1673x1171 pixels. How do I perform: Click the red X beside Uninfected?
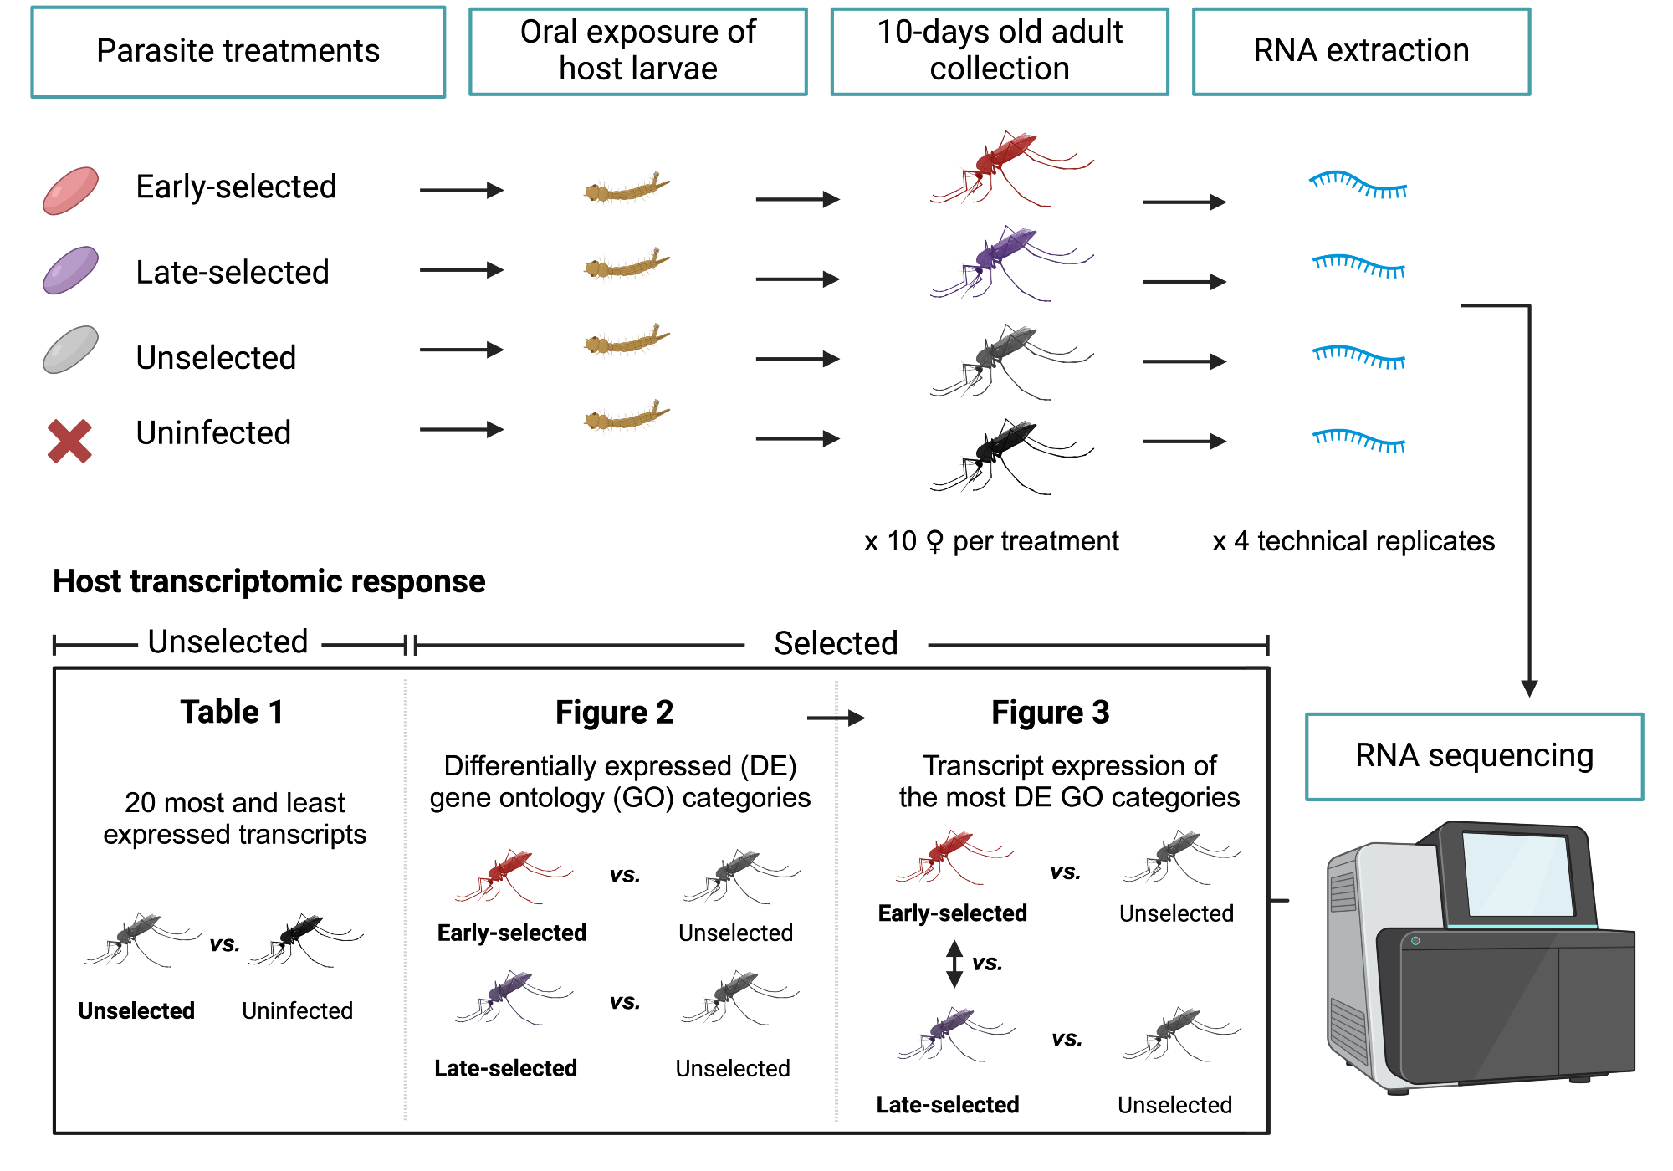coord(69,441)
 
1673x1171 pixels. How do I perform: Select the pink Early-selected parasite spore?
coord(71,191)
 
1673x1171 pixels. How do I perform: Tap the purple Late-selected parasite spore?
coord(71,270)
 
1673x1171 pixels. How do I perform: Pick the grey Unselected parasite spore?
coord(71,350)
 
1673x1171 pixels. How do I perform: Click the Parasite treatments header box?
coord(238,52)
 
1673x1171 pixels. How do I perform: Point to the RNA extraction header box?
coord(1361,52)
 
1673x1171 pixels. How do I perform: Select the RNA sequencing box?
coord(1474,756)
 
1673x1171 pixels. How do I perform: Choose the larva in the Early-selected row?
coord(627,189)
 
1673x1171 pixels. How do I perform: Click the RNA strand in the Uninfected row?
coord(1359,440)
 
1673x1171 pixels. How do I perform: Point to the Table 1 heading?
coord(232,712)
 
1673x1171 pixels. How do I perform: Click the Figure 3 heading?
coord(1050,712)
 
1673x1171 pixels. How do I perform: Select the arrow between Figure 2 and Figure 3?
coord(836,718)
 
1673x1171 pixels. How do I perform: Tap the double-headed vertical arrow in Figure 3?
coord(954,964)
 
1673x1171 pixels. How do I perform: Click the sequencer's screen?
coord(1518,874)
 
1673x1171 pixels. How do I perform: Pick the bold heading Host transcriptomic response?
coord(269,581)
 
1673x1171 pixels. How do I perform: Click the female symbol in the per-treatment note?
coord(934,542)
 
